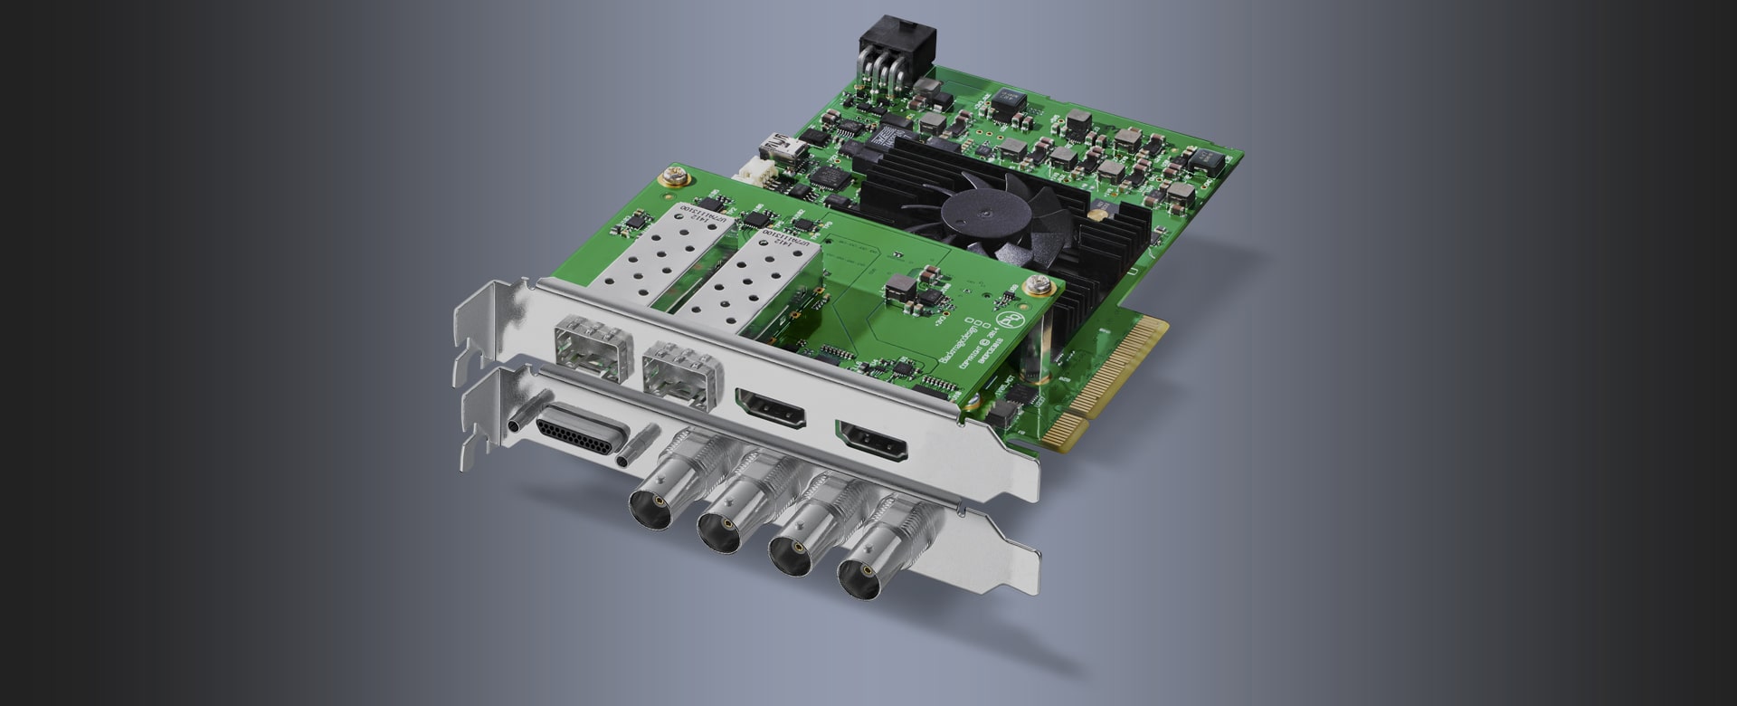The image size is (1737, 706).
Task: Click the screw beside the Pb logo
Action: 1034,288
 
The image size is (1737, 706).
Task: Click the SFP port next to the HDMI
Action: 679,374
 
